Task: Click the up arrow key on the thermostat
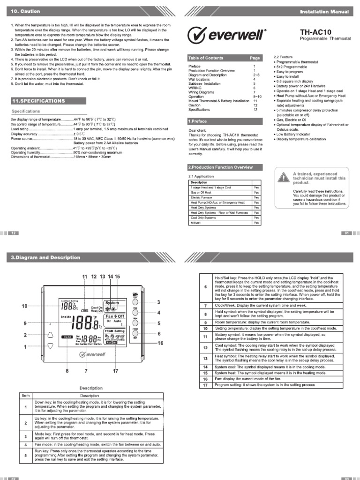coord(51,322)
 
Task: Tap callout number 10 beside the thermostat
coord(24,306)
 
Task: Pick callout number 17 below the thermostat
coord(116,371)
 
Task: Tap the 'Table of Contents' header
coord(206,58)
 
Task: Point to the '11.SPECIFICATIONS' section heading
coord(38,101)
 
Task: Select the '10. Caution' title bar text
coord(25,11)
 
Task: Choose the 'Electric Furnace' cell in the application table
coord(202,197)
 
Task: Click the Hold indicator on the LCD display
coord(67,337)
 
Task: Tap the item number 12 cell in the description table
coord(205,348)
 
